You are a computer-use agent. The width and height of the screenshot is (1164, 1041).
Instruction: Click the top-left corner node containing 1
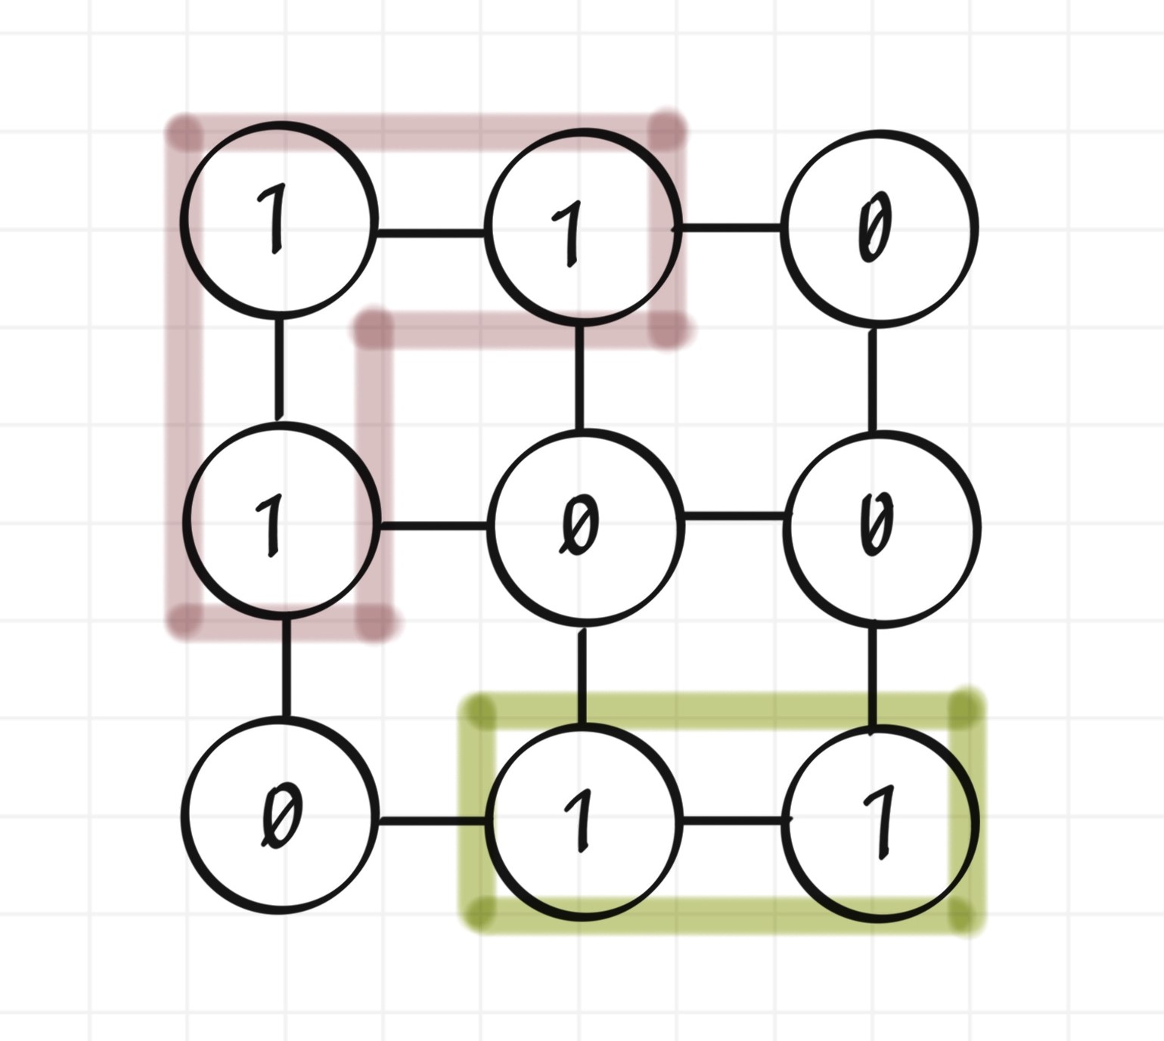(279, 219)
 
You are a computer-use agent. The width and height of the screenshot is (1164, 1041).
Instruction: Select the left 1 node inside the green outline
(582, 821)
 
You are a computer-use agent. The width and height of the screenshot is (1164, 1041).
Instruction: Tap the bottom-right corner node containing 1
(880, 824)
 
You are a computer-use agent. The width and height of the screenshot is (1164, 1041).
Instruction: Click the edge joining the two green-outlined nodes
(733, 819)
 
